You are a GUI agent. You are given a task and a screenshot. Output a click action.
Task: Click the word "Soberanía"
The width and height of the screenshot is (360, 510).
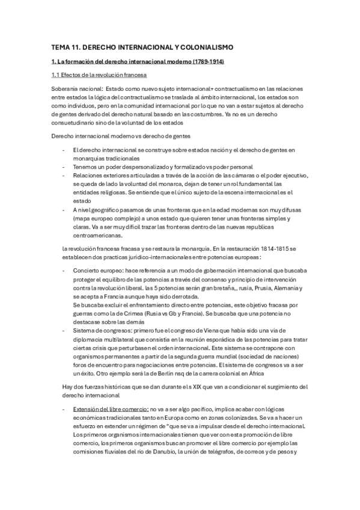(x=65, y=88)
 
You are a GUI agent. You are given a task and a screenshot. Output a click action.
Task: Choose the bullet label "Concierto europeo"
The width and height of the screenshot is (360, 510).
(x=99, y=271)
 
